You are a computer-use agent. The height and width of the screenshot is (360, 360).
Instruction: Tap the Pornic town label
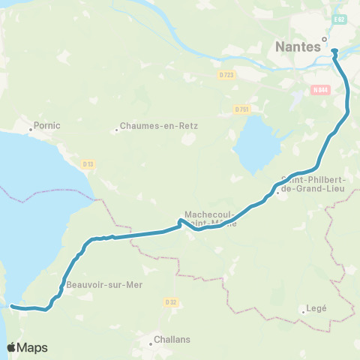[46, 125]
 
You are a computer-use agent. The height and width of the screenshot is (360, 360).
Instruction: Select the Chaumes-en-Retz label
[160, 126]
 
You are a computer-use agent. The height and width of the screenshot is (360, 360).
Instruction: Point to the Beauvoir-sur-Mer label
[104, 285]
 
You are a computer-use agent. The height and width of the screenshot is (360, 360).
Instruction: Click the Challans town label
[172, 339]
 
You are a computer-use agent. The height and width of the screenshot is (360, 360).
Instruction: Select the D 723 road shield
[226, 74]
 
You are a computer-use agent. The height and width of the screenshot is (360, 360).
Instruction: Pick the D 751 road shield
[241, 109]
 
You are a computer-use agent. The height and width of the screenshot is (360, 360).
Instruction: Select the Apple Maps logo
[27, 347]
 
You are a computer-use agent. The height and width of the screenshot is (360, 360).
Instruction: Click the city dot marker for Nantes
[325, 39]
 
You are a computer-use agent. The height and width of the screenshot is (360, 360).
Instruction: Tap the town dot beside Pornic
[31, 129]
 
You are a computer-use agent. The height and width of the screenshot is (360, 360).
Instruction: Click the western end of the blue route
[12, 306]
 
